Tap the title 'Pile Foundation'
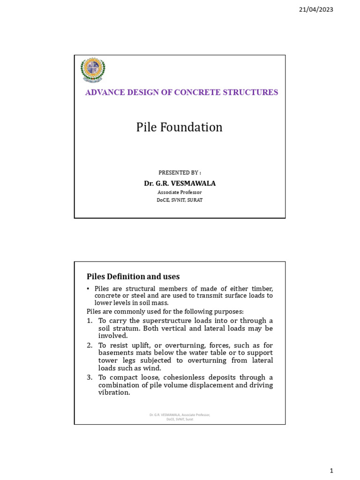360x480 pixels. pos(180,127)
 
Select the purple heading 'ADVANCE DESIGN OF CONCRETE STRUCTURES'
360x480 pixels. pos(181,92)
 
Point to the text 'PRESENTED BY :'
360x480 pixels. pos(180,172)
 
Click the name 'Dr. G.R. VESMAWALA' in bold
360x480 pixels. pos(180,183)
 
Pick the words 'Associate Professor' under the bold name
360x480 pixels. pos(180,192)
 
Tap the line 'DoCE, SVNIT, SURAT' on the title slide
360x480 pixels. pos(180,200)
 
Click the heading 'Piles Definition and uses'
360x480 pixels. pos(133,277)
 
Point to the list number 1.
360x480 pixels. pos(90,321)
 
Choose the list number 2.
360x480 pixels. pos(90,345)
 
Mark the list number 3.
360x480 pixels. pos(90,377)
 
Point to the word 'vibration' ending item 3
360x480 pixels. pos(113,392)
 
